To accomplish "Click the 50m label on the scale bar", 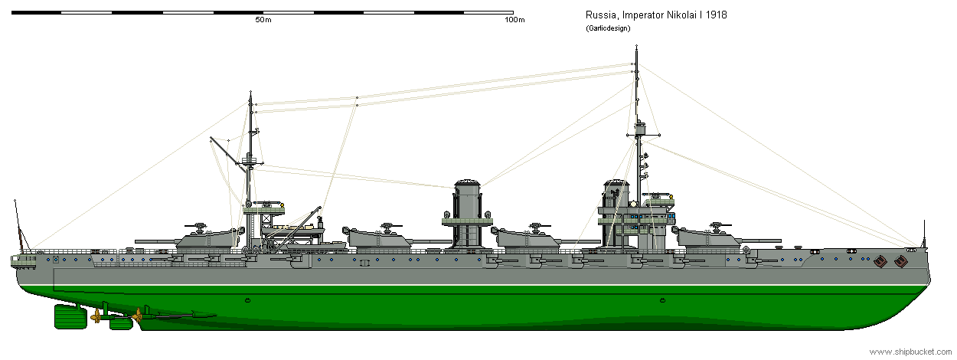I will tap(263, 20).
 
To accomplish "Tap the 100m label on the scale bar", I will tap(514, 20).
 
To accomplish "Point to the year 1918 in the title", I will tap(714, 16).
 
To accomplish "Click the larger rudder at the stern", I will tap(68, 316).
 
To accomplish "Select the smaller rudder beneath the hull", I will tap(121, 323).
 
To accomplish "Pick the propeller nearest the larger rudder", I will tap(96, 316).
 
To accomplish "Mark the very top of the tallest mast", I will tap(636, 47).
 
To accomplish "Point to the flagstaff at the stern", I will tap(17, 222).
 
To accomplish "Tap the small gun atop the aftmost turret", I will tap(201, 226).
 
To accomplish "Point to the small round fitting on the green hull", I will tap(247, 299).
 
